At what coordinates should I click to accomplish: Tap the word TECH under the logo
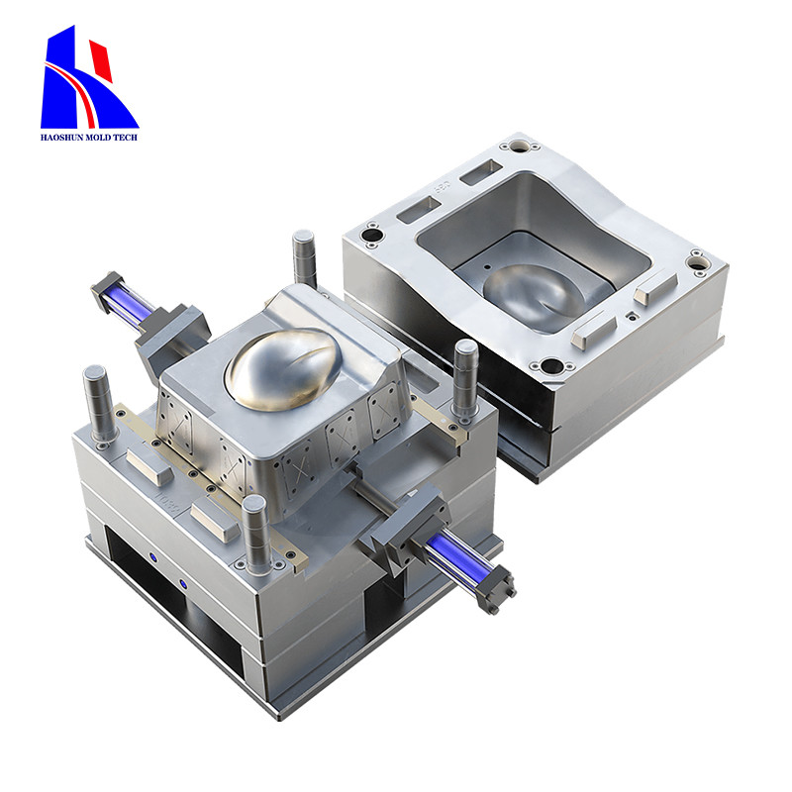pos(125,137)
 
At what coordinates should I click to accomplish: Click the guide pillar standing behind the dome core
pos(303,256)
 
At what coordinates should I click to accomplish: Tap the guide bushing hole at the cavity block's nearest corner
pos(547,367)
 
